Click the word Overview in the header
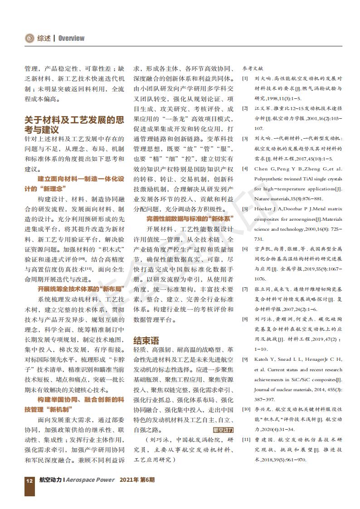[x=71, y=39]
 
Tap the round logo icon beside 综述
[x=29, y=39]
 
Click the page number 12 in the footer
[x=29, y=479]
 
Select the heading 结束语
[x=146, y=340]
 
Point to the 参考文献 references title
[x=253, y=68]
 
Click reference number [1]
[x=245, y=78]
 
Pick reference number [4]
[x=245, y=169]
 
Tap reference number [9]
[x=245, y=359]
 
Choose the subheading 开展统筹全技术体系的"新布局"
[x=74, y=288]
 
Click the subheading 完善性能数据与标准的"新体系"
[x=190, y=218]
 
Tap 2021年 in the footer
[x=129, y=479]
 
